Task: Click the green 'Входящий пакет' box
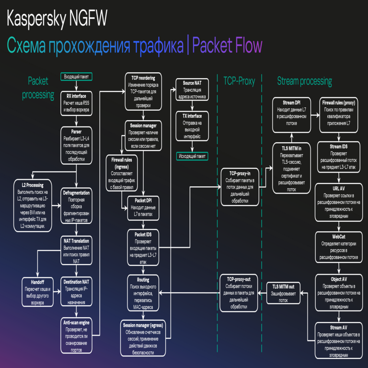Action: [x=76, y=77]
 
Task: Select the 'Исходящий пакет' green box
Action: [x=192, y=156]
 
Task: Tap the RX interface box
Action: [x=76, y=103]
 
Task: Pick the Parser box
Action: [x=76, y=144]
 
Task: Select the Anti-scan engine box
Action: [x=76, y=336]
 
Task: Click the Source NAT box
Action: [x=192, y=90]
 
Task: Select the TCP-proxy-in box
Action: [x=240, y=186]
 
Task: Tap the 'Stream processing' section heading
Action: [x=304, y=81]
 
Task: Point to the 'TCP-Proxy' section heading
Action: [x=239, y=81]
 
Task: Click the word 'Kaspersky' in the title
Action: [x=36, y=20]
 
